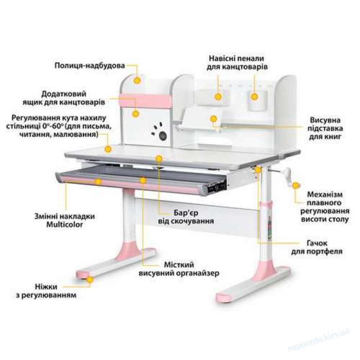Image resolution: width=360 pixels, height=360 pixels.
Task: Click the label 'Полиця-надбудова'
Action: coord(89,66)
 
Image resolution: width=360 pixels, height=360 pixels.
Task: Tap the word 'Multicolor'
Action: coord(65,225)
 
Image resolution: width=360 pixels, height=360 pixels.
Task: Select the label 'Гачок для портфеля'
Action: coord(317,247)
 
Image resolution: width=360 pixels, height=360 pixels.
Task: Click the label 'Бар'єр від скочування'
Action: coord(186,217)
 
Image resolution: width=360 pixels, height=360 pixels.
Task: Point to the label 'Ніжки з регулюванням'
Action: coord(46,291)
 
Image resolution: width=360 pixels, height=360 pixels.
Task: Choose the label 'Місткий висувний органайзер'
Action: coord(179,269)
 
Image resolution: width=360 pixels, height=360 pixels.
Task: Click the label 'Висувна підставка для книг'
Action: coord(325,128)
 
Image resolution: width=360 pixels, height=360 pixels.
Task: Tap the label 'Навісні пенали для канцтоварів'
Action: coord(237,63)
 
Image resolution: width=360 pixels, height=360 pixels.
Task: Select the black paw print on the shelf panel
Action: coord(160,132)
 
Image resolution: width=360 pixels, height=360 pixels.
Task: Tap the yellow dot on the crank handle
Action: coord(296,185)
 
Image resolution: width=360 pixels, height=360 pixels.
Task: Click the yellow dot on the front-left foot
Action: coord(90,280)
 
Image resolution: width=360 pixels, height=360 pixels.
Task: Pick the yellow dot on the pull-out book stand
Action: coord(213,119)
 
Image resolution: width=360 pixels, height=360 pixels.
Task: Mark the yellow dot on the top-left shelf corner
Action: coord(137,81)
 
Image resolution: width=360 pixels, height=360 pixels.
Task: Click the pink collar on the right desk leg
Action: coord(267,206)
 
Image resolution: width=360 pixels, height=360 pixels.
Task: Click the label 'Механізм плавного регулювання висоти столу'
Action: coord(325,207)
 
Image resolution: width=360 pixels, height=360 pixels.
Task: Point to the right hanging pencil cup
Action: coord(257,101)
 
